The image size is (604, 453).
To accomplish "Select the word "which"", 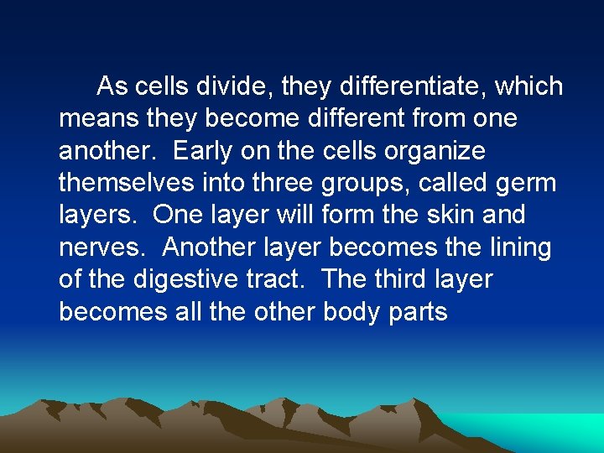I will pos(530,86).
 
